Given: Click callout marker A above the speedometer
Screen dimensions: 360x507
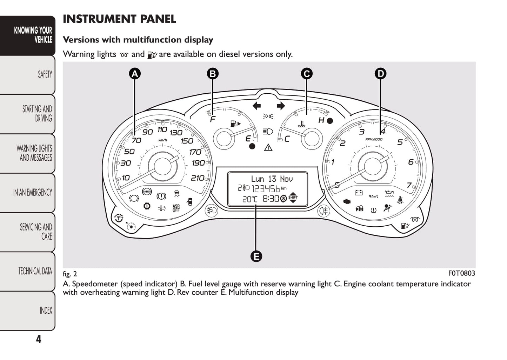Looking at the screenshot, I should [x=135, y=74].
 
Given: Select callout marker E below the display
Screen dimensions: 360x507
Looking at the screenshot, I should [x=256, y=256].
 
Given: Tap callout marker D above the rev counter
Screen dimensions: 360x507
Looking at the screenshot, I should [x=380, y=74].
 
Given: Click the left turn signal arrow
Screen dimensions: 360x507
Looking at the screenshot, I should [x=256, y=106].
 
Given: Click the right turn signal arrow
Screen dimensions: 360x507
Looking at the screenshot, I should [x=280, y=106].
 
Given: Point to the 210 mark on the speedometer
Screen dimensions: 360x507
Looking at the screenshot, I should [x=198, y=178].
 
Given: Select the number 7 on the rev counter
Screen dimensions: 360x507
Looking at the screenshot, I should [x=409, y=185].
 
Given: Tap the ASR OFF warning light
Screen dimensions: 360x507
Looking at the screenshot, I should [x=176, y=208].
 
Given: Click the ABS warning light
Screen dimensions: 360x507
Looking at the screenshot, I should [x=147, y=192].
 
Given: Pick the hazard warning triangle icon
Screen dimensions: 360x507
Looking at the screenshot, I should [x=268, y=147].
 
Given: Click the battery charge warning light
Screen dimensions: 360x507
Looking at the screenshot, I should [x=359, y=193].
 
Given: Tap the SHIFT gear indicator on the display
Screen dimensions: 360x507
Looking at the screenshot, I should [x=293, y=198].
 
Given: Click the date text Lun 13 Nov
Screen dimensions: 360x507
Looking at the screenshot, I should [x=272, y=179].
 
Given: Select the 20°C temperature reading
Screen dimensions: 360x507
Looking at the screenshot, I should [x=250, y=199].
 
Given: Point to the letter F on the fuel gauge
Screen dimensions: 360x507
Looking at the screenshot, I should [x=213, y=120].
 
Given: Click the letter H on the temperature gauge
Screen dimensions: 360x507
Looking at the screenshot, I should [x=321, y=120].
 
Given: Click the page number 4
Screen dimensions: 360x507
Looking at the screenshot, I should [x=39, y=339].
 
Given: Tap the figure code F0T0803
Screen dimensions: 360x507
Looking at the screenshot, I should [x=461, y=273].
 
